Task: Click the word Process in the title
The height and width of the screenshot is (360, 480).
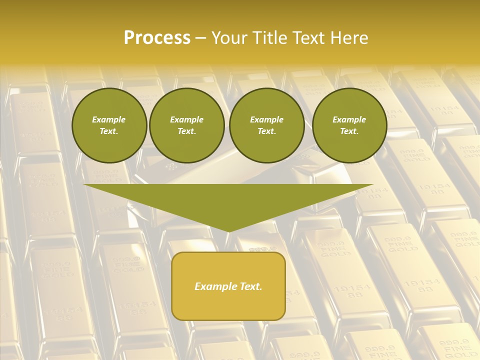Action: pos(157,38)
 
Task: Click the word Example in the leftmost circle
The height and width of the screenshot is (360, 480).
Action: pos(109,119)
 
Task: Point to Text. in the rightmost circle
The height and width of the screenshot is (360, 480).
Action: pos(349,131)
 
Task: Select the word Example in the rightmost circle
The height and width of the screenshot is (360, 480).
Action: pos(349,119)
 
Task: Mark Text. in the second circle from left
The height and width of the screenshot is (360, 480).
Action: pos(187,131)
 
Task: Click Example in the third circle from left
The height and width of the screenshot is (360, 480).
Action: pos(266,119)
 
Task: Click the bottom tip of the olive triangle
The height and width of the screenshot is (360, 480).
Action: pos(228,230)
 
